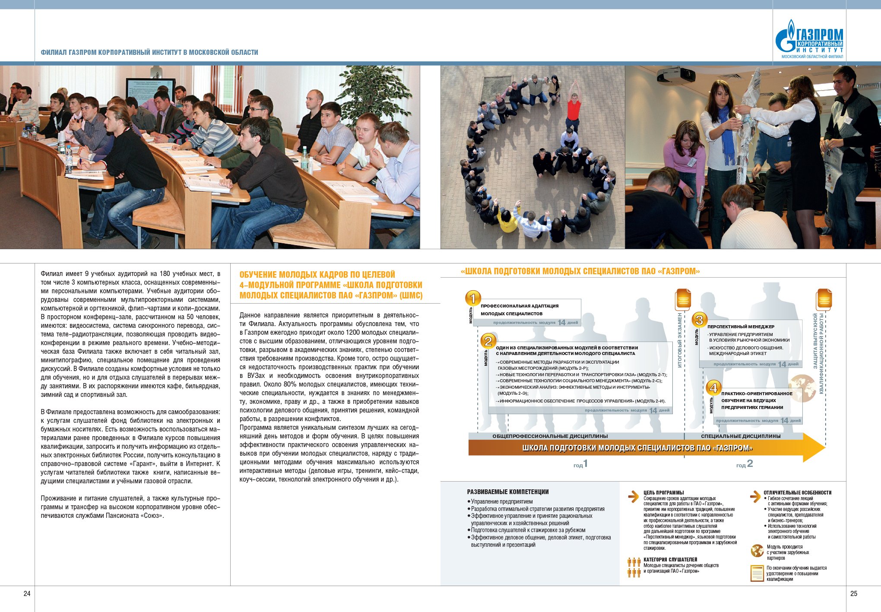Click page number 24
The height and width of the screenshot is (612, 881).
[x=27, y=593]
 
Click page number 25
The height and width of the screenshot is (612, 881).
[x=853, y=593]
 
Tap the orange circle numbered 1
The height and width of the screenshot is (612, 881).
[x=473, y=298]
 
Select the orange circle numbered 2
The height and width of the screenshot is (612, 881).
[x=488, y=341]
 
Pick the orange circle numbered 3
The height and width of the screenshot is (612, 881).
[x=699, y=320]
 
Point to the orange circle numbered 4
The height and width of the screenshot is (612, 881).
[x=713, y=387]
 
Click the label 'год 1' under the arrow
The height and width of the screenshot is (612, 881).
[x=580, y=464]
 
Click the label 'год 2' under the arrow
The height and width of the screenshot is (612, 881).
[x=744, y=464]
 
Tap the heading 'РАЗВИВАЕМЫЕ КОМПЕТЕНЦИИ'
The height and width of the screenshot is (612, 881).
[x=507, y=492]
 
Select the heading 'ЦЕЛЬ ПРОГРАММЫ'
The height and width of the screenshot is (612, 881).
[x=663, y=492]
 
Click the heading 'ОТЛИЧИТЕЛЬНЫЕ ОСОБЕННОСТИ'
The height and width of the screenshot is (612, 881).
[x=797, y=492]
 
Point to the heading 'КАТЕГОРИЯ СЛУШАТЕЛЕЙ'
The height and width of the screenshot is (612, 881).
[x=670, y=559]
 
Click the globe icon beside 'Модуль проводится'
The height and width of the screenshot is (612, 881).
[x=757, y=551]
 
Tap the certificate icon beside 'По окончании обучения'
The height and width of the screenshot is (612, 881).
[x=757, y=573]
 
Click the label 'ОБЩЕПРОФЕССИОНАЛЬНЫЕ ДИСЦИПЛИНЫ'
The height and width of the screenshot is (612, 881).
[x=550, y=436]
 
